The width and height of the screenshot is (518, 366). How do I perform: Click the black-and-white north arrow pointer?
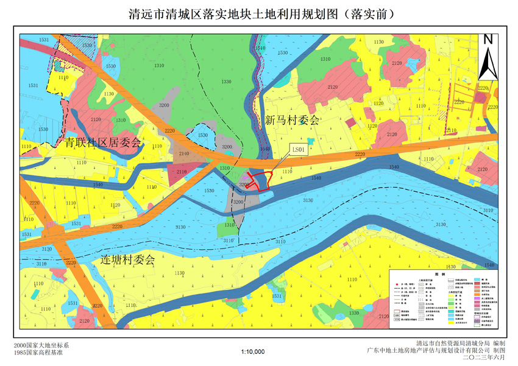[488, 64]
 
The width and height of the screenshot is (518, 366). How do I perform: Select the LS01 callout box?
[299, 149]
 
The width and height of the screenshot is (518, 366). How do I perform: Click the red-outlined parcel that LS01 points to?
[261, 181]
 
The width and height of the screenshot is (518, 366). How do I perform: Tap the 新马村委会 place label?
[292, 120]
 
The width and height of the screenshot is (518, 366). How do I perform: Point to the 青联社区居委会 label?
[103, 143]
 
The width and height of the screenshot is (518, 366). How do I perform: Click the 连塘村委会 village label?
[128, 259]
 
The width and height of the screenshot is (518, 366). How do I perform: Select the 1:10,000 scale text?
[253, 352]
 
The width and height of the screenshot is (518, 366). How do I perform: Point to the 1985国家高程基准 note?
[40, 353]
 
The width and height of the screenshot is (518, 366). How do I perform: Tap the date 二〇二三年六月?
[484, 358]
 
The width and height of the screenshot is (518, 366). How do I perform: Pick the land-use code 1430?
[451, 267]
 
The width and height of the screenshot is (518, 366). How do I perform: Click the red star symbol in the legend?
[396, 284]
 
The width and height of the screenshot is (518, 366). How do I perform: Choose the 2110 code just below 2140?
[182, 172]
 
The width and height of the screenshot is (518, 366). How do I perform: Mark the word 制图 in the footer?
[499, 351]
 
